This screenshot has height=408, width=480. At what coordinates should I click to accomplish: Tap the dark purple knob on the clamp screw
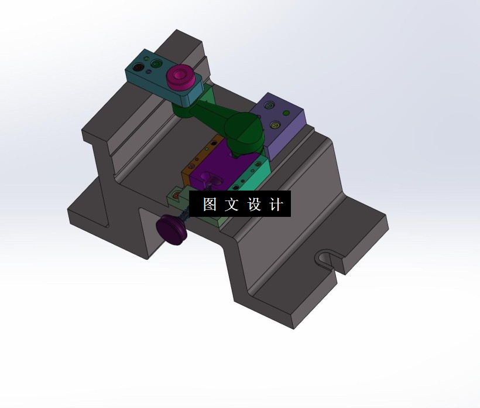(x=172, y=230)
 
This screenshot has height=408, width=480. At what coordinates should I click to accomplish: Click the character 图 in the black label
(x=210, y=205)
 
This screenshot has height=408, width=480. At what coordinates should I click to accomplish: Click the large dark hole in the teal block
(x=138, y=67)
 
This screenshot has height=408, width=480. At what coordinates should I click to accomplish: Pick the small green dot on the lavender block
(x=286, y=113)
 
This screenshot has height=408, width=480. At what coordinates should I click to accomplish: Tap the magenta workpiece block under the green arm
(x=220, y=170)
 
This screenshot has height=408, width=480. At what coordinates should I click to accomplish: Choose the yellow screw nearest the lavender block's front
(x=275, y=125)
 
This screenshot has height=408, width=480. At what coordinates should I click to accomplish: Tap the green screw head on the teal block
(x=155, y=62)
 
